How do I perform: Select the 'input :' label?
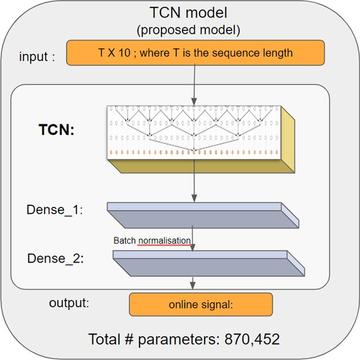tap(37, 57)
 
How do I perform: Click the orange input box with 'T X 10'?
tap(195, 53)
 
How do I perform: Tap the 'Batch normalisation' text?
tap(152, 241)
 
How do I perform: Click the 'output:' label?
tap(69, 303)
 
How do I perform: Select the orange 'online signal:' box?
tap(201, 305)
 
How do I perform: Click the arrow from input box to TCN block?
tap(193, 84)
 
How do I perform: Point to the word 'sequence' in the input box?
tap(236, 53)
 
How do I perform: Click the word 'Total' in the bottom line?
tap(104, 340)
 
